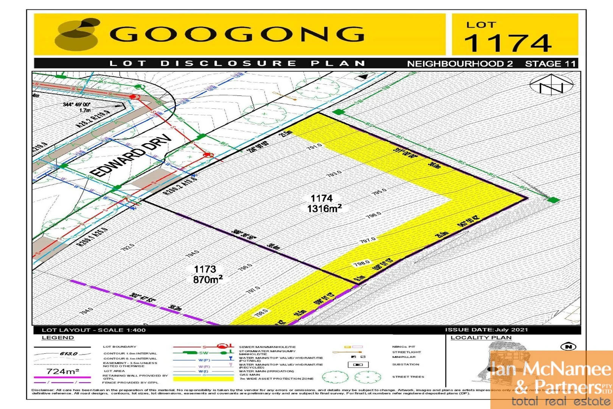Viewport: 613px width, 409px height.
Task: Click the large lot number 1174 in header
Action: [508, 43]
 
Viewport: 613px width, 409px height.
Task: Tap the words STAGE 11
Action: [550, 64]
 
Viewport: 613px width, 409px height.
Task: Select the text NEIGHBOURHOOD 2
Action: [460, 64]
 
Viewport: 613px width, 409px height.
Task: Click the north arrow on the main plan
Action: [551, 85]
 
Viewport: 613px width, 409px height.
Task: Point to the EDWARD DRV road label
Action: [131, 155]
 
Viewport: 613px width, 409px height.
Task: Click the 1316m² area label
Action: [324, 209]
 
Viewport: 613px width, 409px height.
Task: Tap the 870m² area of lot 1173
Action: [208, 279]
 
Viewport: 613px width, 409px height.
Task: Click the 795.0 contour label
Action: [379, 192]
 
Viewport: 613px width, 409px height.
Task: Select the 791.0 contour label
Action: [314, 146]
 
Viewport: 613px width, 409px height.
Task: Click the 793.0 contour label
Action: [334, 174]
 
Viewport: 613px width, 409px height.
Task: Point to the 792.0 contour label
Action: [128, 247]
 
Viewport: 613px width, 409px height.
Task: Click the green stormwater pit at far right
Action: [554, 200]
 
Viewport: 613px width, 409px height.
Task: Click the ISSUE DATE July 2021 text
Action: [486, 329]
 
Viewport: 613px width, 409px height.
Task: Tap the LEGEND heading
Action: [58, 337]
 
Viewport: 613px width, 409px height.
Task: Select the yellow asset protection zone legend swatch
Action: [203, 378]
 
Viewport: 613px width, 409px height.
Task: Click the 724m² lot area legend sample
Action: [62, 371]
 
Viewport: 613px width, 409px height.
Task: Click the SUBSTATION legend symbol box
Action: [358, 365]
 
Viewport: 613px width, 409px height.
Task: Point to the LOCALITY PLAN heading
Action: [481, 337]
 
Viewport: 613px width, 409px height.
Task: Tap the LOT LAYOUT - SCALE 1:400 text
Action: [93, 330]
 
